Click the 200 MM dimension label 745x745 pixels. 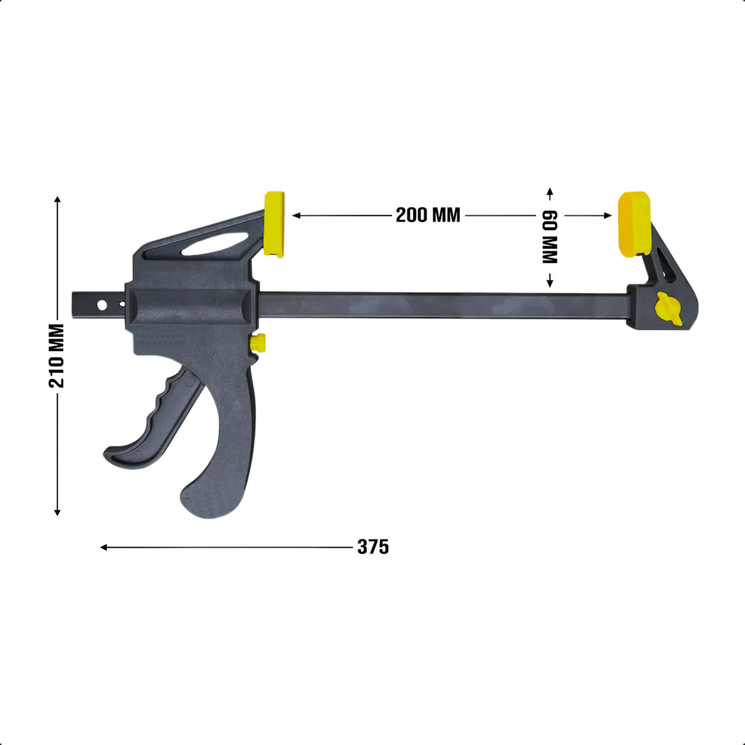pyautogui.click(x=428, y=215)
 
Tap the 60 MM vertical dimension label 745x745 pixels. pyautogui.click(x=549, y=237)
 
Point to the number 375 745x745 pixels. pyautogui.click(x=373, y=547)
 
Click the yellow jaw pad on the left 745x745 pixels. pyautogui.click(x=274, y=224)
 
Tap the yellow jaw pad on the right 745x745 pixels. pyautogui.click(x=634, y=224)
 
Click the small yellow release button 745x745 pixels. pyautogui.click(x=258, y=343)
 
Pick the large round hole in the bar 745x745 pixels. pyautogui.click(x=102, y=305)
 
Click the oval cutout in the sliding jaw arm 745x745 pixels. pyautogui.click(x=215, y=245)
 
